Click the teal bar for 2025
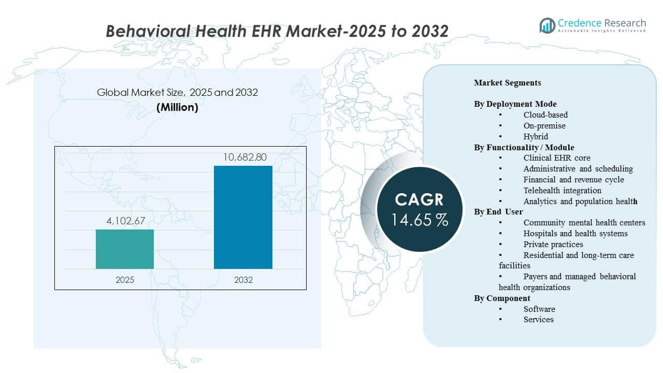[125, 249]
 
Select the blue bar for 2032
[243, 217]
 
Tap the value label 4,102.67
[125, 221]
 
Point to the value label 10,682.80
[243, 157]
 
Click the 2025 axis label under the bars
[125, 280]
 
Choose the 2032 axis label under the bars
[243, 280]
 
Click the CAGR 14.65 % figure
[420, 220]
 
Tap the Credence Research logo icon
[547, 25]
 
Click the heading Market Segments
[507, 83]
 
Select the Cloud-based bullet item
[545, 115]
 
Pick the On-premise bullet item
[544, 126]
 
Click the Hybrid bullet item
[536, 137]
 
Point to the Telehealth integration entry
[562, 191]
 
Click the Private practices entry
[553, 245]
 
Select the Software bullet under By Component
[539, 309]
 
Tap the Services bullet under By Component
[538, 320]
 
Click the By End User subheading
[498, 212]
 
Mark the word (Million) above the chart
[177, 108]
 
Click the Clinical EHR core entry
[557, 158]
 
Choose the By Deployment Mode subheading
[515, 104]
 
